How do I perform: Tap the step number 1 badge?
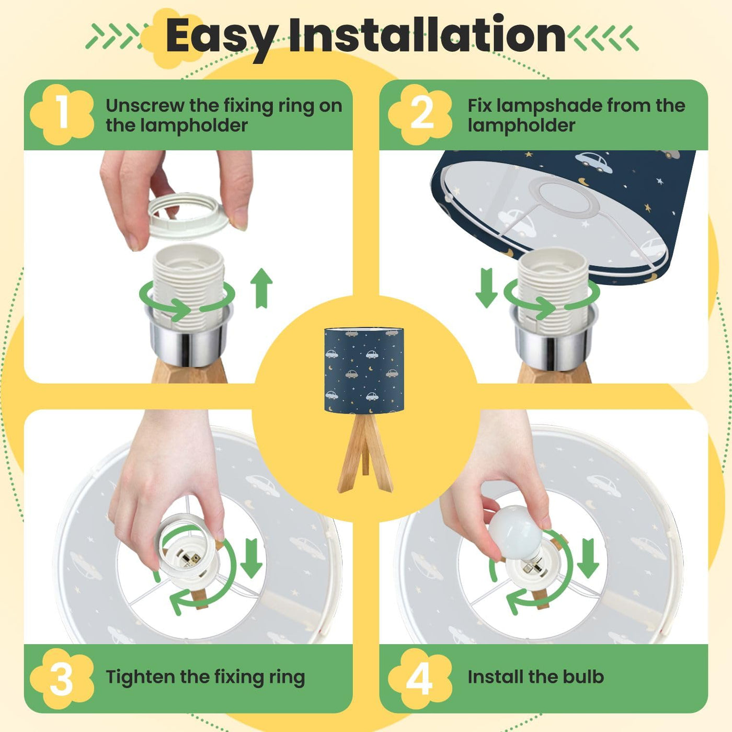(62, 114)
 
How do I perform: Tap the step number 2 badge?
(420, 114)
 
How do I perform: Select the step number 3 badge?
(62, 679)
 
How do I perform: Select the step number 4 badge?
(420, 679)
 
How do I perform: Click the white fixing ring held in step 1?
(188, 214)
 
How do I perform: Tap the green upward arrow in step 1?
(261, 288)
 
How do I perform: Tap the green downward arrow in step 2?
(487, 288)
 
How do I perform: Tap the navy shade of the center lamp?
(364, 370)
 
